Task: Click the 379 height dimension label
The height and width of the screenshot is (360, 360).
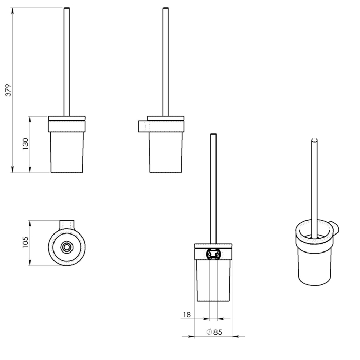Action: pyautogui.click(x=8, y=90)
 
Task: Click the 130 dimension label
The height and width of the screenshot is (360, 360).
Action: pyautogui.click(x=25, y=144)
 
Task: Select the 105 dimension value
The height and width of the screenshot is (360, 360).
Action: pyautogui.click(x=25, y=242)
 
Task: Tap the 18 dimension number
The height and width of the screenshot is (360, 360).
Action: pyautogui.click(x=187, y=315)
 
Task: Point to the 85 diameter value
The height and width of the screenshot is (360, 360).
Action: pyautogui.click(x=218, y=332)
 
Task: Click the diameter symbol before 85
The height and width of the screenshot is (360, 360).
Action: pyautogui.click(x=209, y=332)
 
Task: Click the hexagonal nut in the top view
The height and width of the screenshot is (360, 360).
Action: pyautogui.click(x=67, y=247)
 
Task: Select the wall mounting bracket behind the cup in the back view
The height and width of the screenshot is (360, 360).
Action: pyautogui.click(x=213, y=254)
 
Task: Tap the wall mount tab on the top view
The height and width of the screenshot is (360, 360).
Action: pyautogui.click(x=67, y=224)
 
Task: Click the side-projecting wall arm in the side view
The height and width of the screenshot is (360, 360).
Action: pyautogui.click(x=143, y=127)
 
